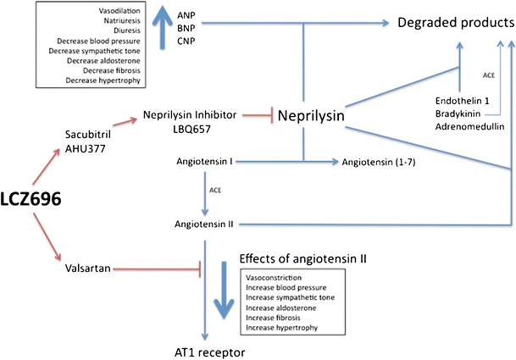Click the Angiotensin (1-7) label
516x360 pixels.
(378, 160)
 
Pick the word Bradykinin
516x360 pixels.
(456, 113)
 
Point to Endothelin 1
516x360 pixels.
(458, 99)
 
